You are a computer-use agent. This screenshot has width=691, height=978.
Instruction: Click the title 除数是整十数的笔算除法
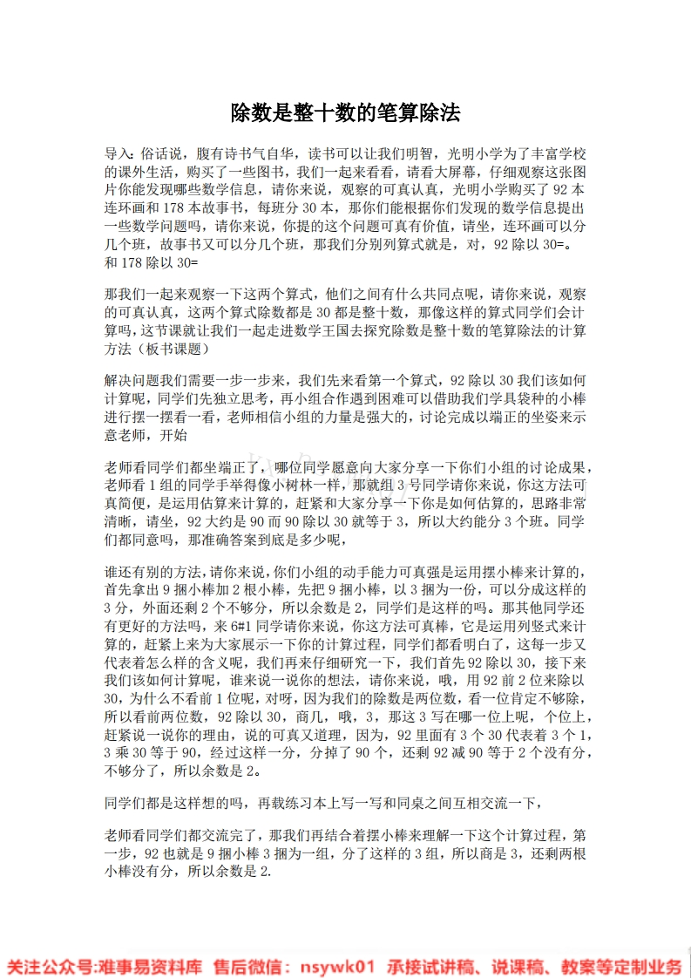(x=345, y=112)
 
